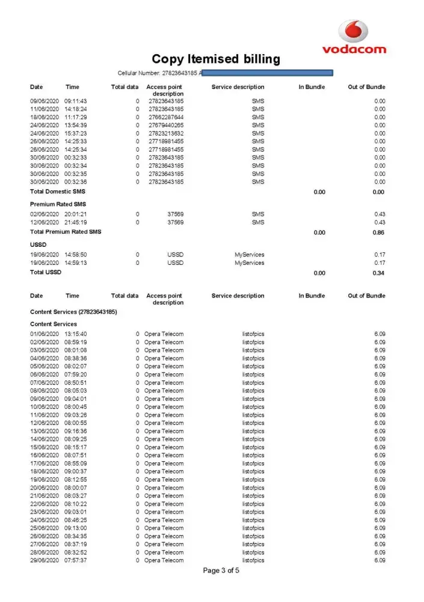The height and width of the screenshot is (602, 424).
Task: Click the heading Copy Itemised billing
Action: pos(215,59)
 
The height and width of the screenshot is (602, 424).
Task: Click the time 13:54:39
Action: pos(76,125)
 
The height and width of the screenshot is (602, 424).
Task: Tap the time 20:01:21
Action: pos(76,214)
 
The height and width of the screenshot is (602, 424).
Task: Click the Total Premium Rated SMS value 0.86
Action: pos(378,232)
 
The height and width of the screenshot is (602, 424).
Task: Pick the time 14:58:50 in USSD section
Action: pos(76,255)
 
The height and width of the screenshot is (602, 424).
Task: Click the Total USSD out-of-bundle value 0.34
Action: pos(378,273)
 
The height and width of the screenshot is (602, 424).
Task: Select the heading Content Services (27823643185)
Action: pos(73,312)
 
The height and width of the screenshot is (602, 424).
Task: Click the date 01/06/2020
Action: pos(45,334)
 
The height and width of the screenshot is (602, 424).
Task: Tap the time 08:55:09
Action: pos(76,464)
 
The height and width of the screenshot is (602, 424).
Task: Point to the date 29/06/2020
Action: pos(45,560)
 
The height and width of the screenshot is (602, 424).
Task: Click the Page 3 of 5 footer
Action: pos(221,571)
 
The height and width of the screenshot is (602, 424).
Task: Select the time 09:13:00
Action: pos(76,528)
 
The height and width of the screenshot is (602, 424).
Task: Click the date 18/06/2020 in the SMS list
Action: pos(45,117)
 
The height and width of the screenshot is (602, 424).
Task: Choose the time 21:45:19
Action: pos(76,222)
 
